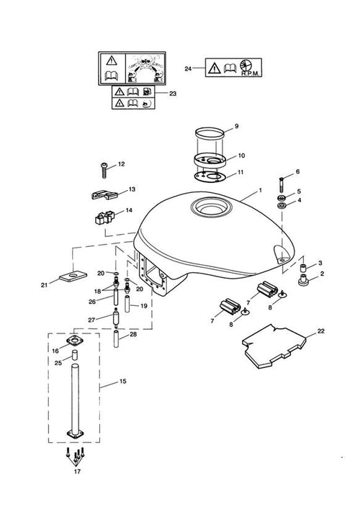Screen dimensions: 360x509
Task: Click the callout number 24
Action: pos(188,69)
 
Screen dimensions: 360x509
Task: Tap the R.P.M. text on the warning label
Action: pos(251,73)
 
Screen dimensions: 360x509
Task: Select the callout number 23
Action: pos(173,94)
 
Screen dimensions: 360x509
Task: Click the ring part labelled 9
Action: pos(210,132)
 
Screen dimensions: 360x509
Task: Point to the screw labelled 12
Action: pos(104,170)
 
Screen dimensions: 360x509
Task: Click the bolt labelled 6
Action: pos(282,184)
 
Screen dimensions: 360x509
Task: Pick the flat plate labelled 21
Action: pos(73,276)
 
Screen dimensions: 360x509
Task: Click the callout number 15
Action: pos(122,381)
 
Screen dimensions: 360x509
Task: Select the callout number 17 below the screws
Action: pos(77,472)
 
